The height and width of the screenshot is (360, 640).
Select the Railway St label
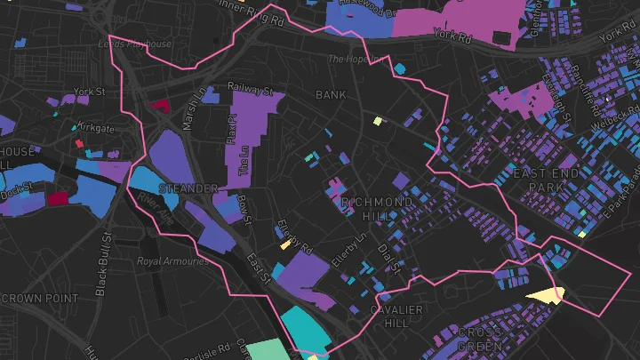coord(250,89)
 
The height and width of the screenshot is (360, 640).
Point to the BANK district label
coord(330,94)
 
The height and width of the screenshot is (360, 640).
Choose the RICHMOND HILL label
coord(377,209)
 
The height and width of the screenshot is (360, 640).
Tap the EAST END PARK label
coord(546,180)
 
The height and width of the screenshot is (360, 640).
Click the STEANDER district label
coord(187,188)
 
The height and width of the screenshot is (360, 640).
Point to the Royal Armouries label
coord(172,261)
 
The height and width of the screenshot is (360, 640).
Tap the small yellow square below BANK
coord(377,121)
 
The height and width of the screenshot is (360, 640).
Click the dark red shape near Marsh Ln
coord(161,105)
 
